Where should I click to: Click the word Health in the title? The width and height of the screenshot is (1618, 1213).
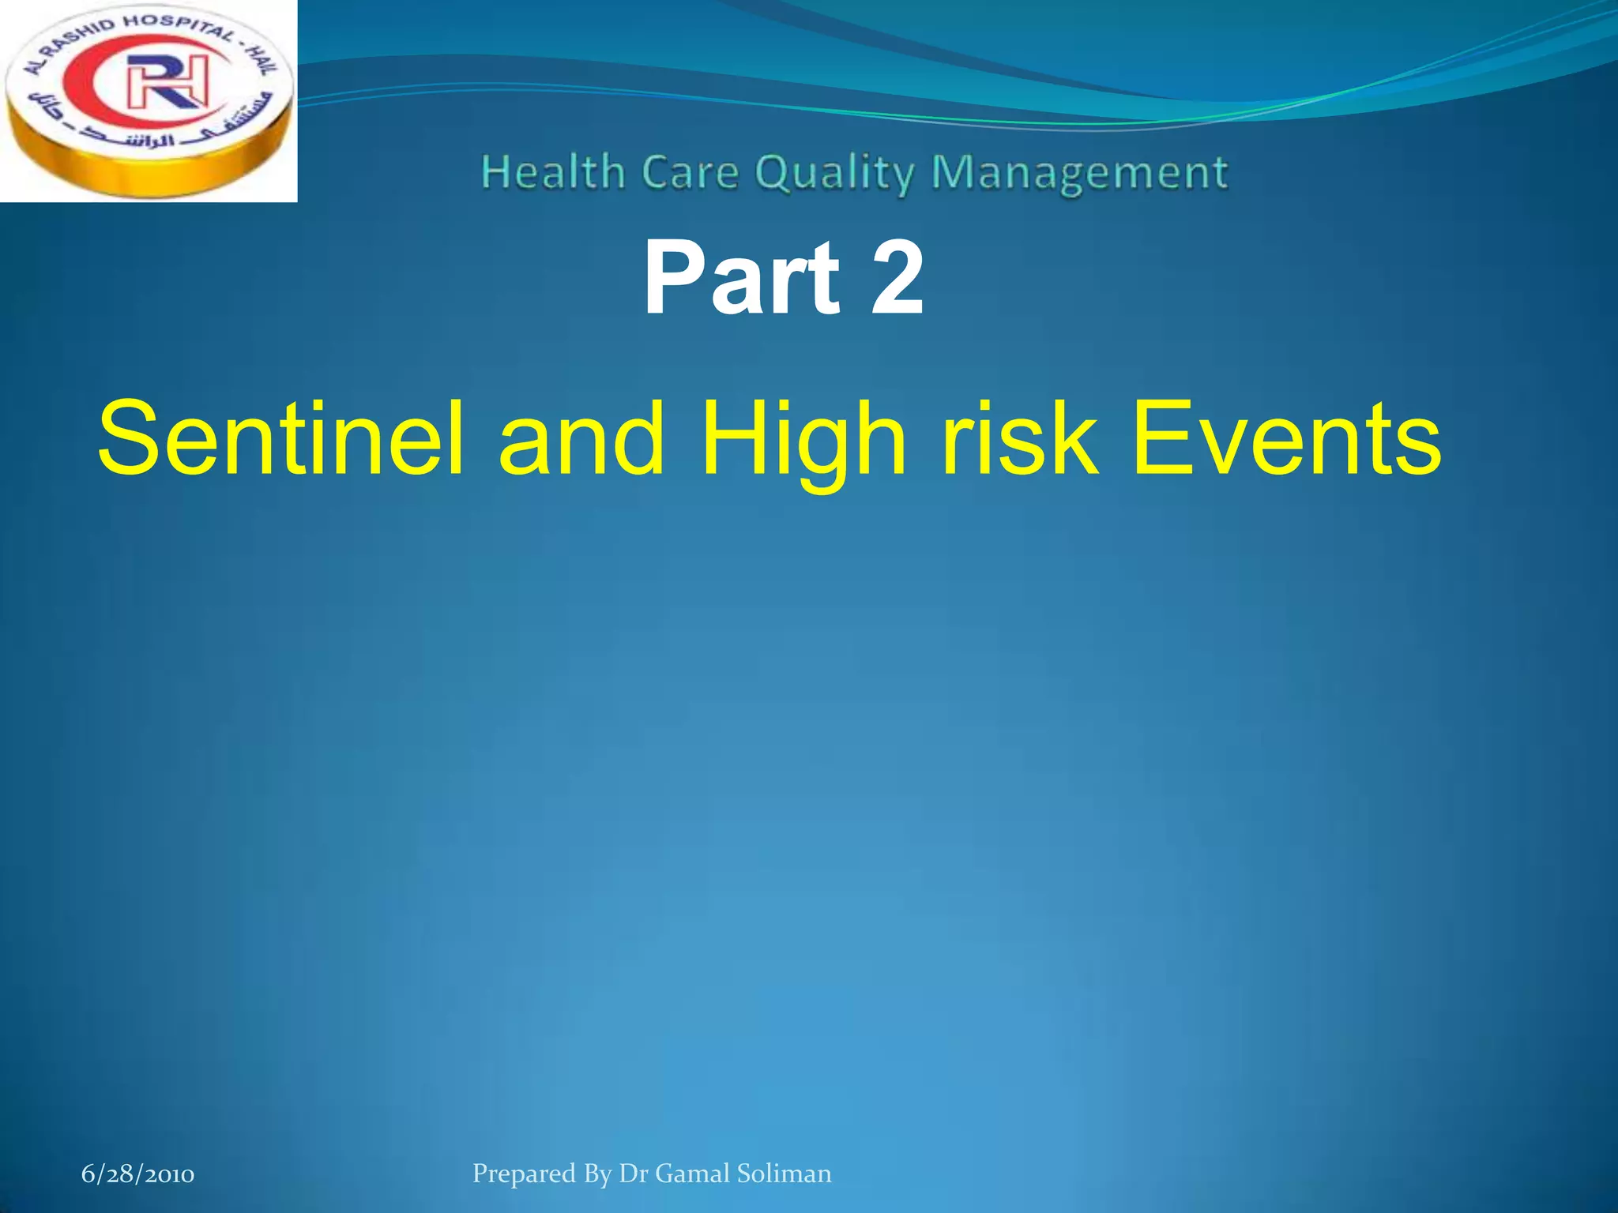pyautogui.click(x=553, y=172)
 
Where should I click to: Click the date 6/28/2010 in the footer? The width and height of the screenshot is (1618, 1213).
pyautogui.click(x=137, y=1174)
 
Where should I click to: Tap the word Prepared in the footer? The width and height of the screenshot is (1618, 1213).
pyautogui.click(x=524, y=1174)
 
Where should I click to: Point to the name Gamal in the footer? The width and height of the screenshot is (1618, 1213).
pyautogui.click(x=692, y=1174)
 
